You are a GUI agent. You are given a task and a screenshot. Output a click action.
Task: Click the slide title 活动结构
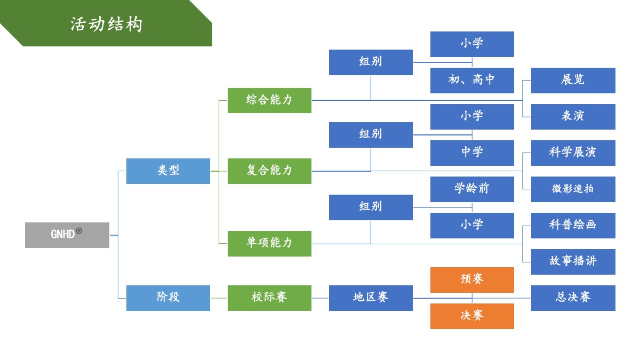pos(107,24)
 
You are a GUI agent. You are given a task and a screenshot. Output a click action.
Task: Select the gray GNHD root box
pos(67,235)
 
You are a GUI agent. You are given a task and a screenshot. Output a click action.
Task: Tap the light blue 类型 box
pos(168,171)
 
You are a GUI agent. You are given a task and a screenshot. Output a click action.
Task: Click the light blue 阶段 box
pos(168,298)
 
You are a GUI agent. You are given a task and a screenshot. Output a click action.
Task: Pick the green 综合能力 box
pos(269,100)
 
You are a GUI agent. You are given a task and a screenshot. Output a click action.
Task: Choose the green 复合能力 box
pos(269,171)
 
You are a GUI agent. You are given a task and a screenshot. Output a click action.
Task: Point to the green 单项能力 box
pos(269,243)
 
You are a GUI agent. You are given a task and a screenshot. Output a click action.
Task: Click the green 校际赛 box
pos(269,298)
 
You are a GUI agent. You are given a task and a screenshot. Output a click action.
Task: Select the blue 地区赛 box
pos(371,298)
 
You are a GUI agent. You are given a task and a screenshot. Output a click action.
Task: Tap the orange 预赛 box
pos(472,279)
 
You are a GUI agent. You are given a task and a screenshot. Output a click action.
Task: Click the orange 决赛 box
pos(472,316)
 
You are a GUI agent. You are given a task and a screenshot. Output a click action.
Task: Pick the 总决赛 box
pos(573,298)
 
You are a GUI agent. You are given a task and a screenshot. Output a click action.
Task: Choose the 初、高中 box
pos(472,80)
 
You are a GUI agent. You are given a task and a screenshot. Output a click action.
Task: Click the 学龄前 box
pos(472,189)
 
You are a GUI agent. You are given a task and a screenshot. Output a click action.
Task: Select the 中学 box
pos(472,153)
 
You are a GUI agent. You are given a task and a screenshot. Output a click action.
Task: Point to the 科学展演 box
pos(573,153)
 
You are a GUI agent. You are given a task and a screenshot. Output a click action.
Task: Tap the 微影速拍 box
pos(573,189)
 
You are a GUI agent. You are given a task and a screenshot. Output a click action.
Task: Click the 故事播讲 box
pos(573,261)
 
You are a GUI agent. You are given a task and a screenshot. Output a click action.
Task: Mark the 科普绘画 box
pos(573,225)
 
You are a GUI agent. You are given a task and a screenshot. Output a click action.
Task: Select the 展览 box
pos(573,80)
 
